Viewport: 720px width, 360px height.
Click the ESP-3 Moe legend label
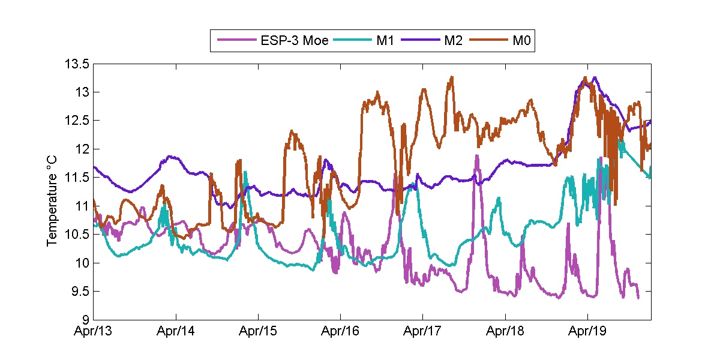(x=294, y=41)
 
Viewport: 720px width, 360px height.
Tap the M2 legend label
(x=453, y=41)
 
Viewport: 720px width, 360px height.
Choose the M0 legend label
(x=521, y=41)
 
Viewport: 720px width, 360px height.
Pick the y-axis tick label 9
(x=86, y=320)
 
